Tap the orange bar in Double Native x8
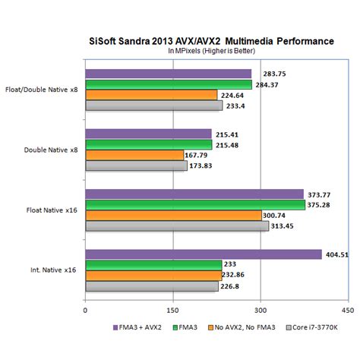point(134,155)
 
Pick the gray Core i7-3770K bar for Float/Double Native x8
point(153,106)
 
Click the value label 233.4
point(238,106)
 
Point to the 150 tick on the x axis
point(173,309)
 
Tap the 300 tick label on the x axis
point(261,309)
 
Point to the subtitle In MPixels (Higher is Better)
point(212,51)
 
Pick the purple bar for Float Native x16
point(194,194)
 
